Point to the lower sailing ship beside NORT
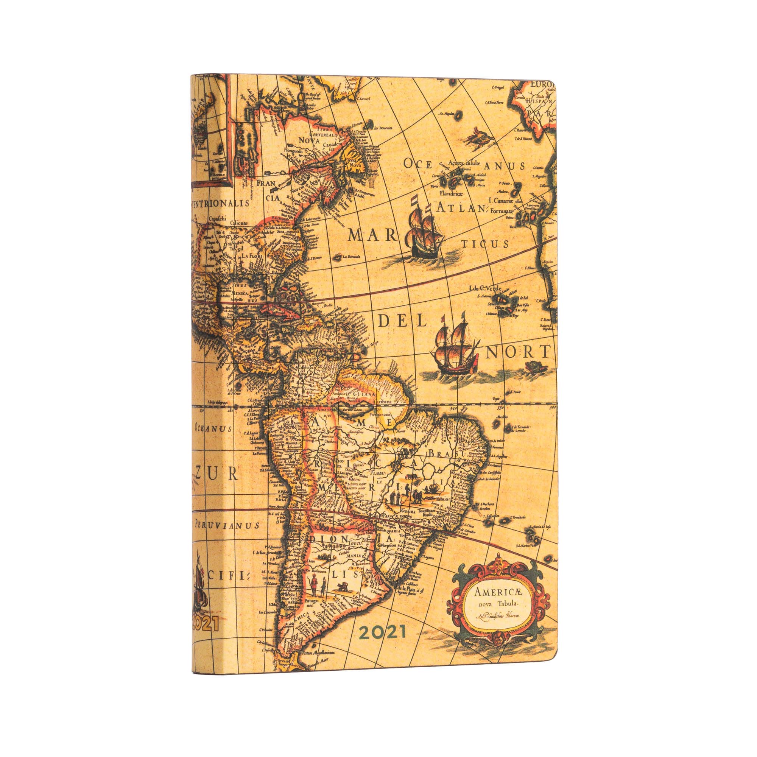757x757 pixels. tap(455, 347)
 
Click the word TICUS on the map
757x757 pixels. tap(484, 245)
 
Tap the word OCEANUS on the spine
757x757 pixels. tap(213, 428)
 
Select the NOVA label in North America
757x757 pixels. tap(308, 140)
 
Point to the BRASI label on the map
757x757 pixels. tap(446, 454)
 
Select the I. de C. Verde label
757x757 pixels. tap(486, 290)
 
